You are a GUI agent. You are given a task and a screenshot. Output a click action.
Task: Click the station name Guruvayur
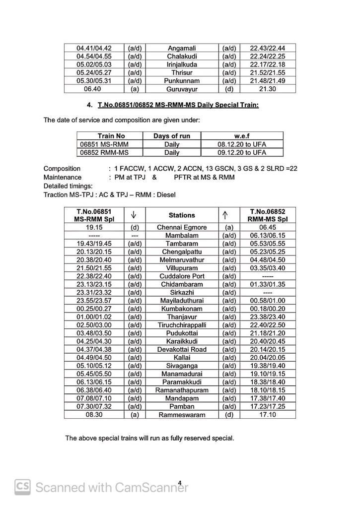click(x=182, y=89)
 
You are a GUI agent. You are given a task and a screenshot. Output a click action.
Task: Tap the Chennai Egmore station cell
click(x=182, y=227)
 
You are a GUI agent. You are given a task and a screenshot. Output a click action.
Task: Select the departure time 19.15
click(x=94, y=227)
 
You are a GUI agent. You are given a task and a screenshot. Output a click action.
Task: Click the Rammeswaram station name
click(x=182, y=414)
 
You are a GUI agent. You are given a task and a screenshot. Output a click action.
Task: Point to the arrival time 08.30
click(x=94, y=414)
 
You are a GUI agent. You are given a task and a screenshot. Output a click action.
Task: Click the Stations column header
click(x=182, y=215)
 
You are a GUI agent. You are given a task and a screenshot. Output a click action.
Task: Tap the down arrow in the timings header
click(x=134, y=215)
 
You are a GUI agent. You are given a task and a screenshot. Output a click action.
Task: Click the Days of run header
click(x=172, y=136)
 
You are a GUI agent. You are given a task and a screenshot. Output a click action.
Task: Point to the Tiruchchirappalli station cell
click(x=182, y=324)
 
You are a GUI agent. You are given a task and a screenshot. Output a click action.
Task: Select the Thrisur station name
click(x=182, y=72)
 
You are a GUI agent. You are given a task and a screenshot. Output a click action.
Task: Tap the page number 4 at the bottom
click(x=180, y=482)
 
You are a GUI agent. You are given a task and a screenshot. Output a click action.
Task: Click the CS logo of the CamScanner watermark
click(x=22, y=487)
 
